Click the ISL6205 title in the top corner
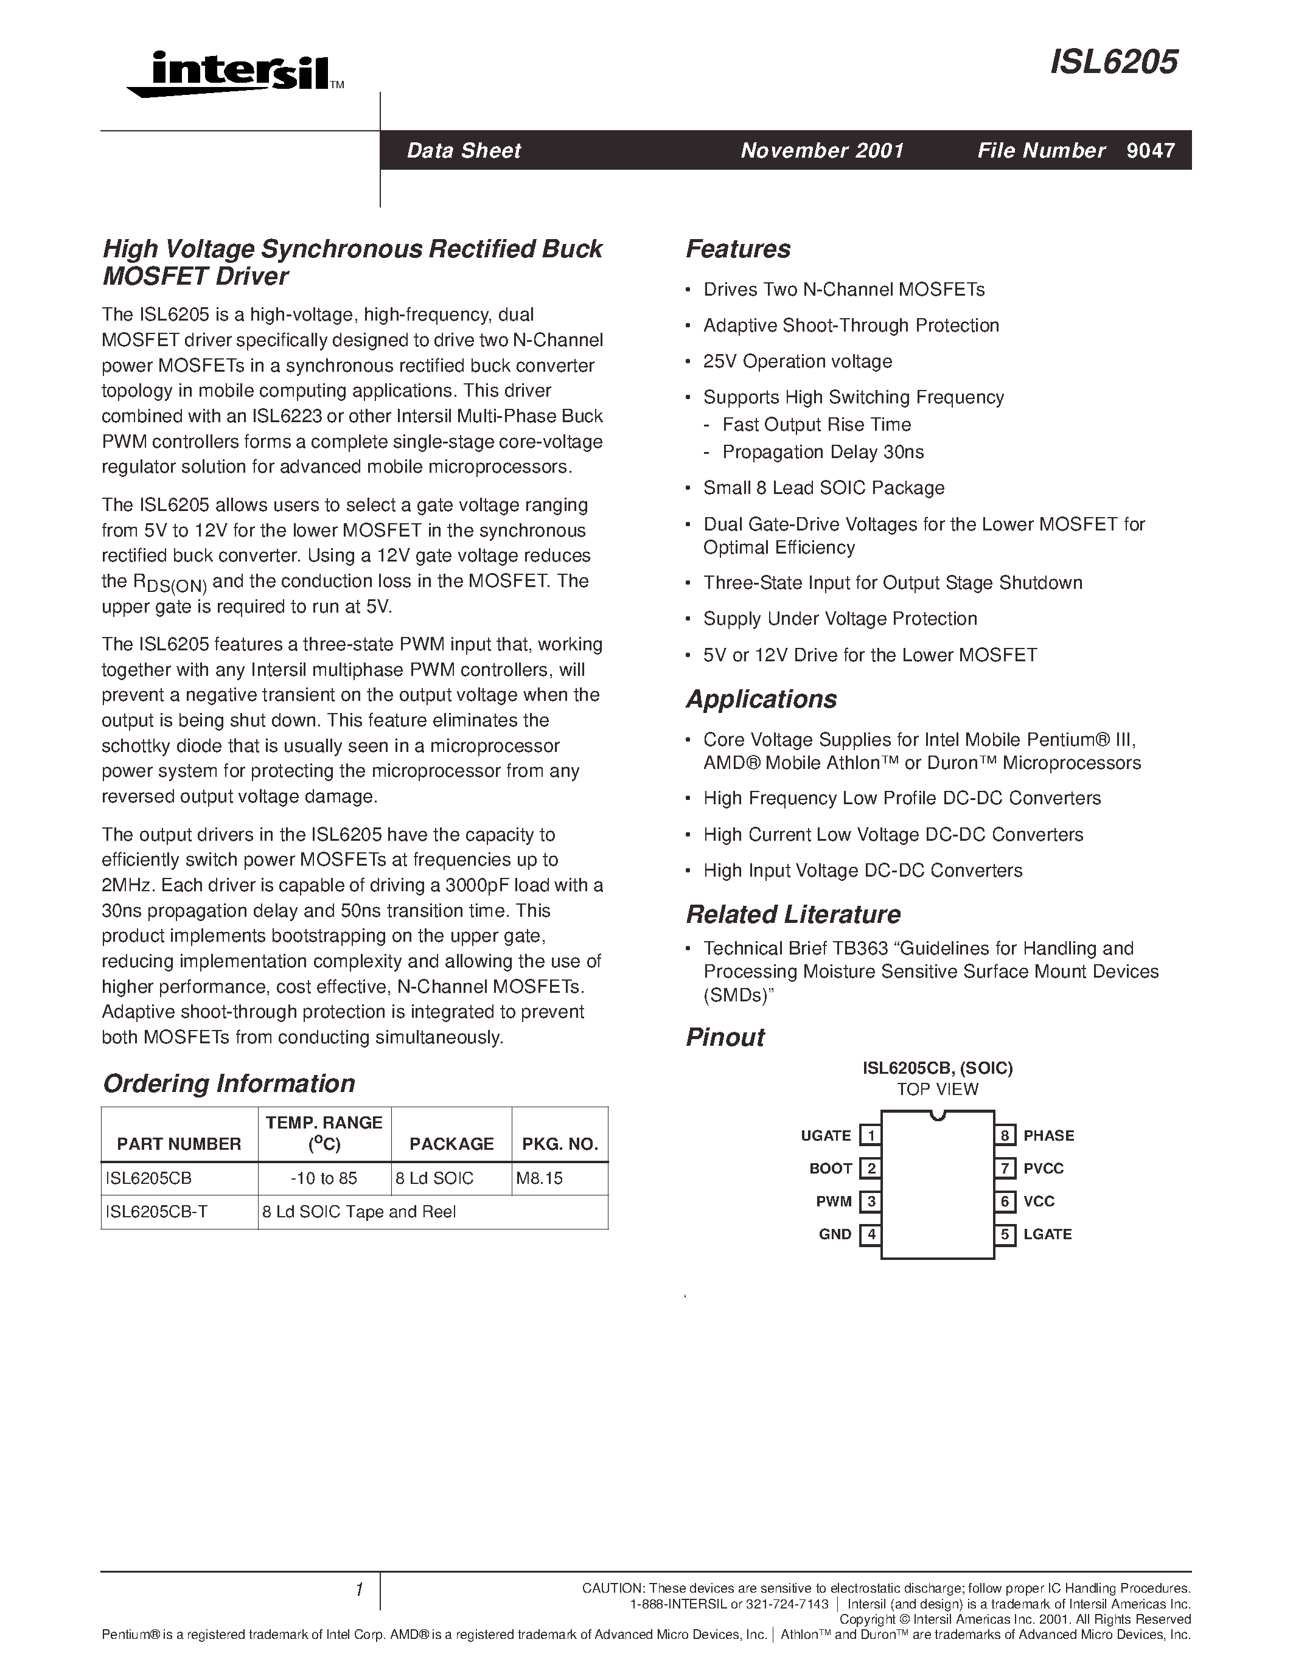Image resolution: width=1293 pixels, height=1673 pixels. [1113, 62]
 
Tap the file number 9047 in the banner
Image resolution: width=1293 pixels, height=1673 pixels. [1151, 150]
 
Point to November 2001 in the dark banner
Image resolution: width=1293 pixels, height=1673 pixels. [822, 150]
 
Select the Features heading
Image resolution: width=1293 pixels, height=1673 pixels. [737, 249]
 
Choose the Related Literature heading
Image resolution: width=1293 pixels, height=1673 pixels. [793, 914]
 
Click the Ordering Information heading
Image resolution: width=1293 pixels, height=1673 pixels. [229, 1083]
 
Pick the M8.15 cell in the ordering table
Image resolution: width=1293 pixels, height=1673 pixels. [539, 1178]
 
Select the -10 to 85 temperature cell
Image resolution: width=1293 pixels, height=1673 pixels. [324, 1178]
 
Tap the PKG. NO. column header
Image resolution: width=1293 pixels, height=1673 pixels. [560, 1144]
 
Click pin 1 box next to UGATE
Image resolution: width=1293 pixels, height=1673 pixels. [870, 1135]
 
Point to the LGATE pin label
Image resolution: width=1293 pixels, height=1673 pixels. [1047, 1234]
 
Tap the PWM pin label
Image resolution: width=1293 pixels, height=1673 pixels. [834, 1201]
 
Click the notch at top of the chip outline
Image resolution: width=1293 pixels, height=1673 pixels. [937, 1115]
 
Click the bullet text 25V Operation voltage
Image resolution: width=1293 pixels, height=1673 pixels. [798, 361]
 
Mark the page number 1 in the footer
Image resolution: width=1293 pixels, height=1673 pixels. [358, 1590]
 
